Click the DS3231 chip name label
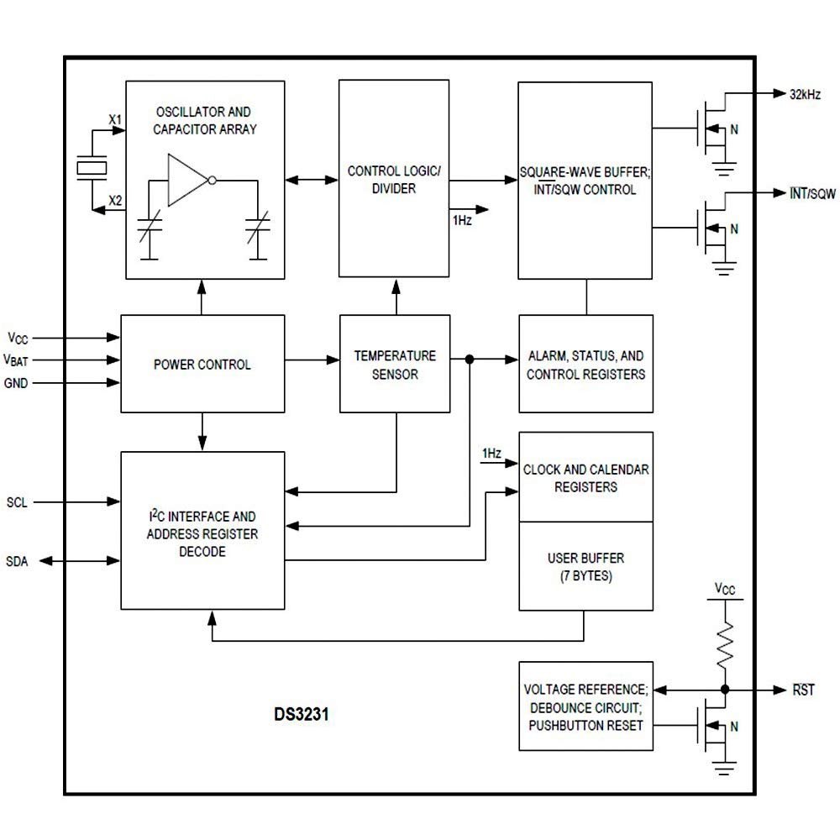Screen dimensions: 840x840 click(x=300, y=717)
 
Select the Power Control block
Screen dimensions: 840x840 click(x=202, y=365)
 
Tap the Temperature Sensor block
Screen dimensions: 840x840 click(x=395, y=365)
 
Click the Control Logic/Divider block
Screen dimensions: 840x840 click(x=393, y=180)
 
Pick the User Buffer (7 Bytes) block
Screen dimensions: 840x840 click(x=585, y=567)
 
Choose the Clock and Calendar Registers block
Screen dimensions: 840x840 click(x=585, y=477)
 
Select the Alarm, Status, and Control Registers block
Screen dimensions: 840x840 click(x=585, y=365)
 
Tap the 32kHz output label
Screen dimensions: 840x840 click(x=804, y=94)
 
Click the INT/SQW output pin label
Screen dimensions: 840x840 click(x=811, y=194)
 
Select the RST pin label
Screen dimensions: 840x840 click(x=804, y=690)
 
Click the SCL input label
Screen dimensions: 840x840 click(x=17, y=502)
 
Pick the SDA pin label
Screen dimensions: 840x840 click(x=17, y=561)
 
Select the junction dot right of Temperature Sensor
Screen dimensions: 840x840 click(x=470, y=360)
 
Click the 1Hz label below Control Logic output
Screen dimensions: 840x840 click(x=462, y=220)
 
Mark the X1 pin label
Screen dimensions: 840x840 click(x=115, y=120)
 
